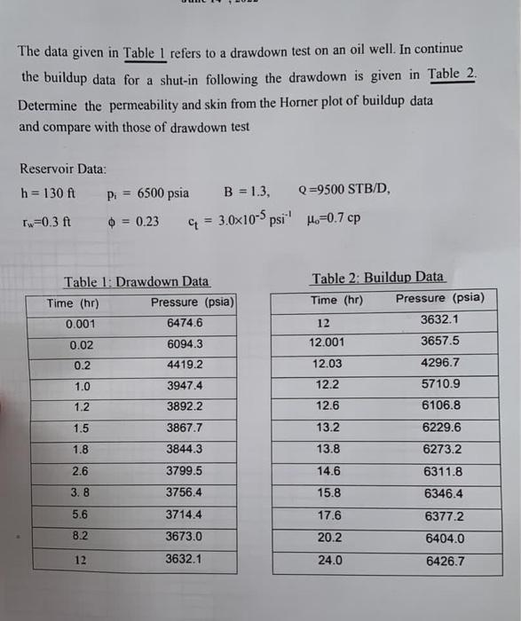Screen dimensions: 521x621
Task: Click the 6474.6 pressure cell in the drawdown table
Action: (185, 323)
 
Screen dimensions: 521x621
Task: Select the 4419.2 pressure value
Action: (185, 365)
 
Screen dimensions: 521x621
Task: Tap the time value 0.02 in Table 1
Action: (82, 344)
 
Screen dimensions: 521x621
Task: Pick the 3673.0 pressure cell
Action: (185, 537)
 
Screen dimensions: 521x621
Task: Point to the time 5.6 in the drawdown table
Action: (82, 515)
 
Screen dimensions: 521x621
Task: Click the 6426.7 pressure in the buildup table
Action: (445, 561)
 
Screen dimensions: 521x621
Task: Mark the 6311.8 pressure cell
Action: (444, 473)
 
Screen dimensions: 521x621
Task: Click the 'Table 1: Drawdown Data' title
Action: (137, 282)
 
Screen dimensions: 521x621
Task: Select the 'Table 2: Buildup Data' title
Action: (378, 279)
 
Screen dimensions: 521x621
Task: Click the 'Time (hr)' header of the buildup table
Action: (337, 299)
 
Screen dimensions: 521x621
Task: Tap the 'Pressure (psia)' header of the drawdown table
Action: (193, 303)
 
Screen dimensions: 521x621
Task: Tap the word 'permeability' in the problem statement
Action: (134, 103)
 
